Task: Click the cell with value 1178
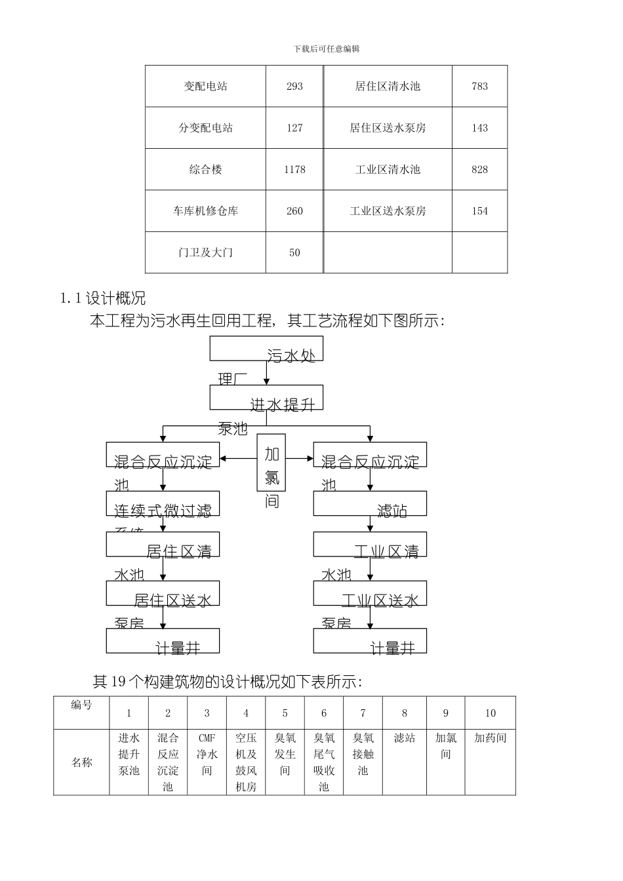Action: click(x=294, y=170)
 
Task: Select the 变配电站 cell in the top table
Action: click(x=205, y=87)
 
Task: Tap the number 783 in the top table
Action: click(x=479, y=87)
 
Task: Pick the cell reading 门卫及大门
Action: click(x=205, y=253)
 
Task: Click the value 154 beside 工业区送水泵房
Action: click(x=479, y=211)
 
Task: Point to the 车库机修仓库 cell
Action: click(x=205, y=211)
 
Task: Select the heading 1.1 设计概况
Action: click(x=103, y=299)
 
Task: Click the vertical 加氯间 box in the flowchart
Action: click(x=271, y=462)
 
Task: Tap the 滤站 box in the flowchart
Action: click(x=370, y=504)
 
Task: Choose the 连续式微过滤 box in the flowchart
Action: click(x=163, y=504)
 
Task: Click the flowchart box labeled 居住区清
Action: click(x=163, y=544)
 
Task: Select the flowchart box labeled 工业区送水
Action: click(x=370, y=593)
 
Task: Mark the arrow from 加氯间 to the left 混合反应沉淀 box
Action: click(x=238, y=459)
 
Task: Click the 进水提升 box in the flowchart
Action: click(x=266, y=397)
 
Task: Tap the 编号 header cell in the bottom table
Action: click(x=81, y=706)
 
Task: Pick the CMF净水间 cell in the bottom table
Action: click(x=207, y=754)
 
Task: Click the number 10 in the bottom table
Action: click(x=490, y=713)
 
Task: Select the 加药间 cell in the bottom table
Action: click(x=490, y=738)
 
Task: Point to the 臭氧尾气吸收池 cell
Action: click(x=324, y=762)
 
